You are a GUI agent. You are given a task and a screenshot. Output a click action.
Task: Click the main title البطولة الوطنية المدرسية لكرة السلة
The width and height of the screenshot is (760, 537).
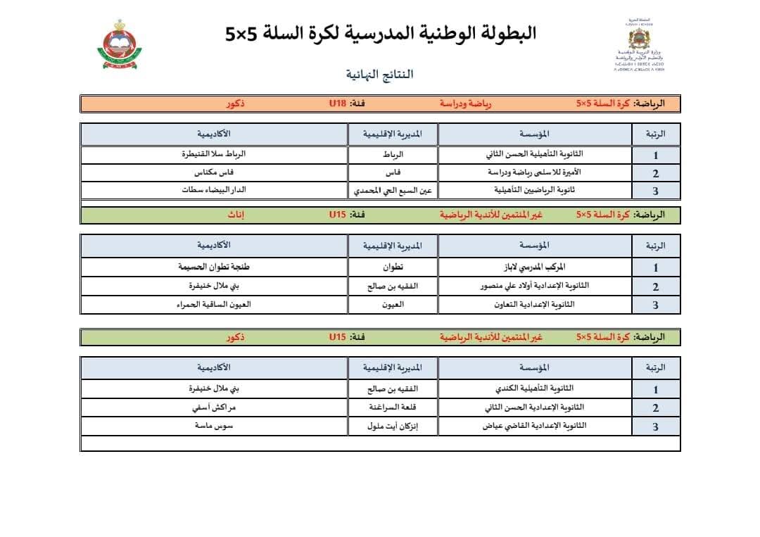point(381,33)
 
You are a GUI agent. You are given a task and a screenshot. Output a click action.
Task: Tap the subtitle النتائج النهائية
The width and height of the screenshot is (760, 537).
point(379,74)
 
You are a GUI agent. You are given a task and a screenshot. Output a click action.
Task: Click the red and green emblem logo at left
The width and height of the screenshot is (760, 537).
point(118,46)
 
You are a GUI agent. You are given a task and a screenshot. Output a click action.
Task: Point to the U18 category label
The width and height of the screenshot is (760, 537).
point(338,104)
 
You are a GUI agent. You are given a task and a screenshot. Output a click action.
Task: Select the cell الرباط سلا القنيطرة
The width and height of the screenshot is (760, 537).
point(214,154)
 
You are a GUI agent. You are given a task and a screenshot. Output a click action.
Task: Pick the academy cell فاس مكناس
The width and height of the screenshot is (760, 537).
point(214,172)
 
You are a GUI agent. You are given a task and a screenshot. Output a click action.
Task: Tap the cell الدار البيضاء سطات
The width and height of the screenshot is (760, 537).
point(214,190)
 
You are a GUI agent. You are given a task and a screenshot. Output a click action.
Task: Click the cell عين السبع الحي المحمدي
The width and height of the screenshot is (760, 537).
point(392,191)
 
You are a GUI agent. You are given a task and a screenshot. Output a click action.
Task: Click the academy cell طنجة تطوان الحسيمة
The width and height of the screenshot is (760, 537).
point(214,267)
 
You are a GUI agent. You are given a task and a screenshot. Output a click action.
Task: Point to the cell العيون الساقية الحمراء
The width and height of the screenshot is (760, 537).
point(214,305)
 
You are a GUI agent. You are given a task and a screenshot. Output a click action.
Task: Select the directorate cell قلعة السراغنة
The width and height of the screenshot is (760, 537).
point(392,408)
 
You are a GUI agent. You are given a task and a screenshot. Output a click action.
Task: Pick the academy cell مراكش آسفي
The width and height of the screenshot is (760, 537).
point(214,408)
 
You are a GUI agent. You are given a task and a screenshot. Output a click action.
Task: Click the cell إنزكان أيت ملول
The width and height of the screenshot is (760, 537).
point(392,427)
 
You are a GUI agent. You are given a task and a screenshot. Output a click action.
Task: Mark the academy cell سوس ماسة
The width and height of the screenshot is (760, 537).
point(214,427)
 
